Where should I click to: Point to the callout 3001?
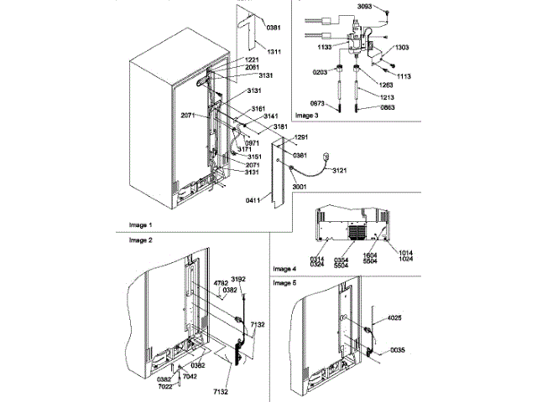click(300, 187)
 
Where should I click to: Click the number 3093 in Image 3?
click(363, 6)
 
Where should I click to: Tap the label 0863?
click(388, 109)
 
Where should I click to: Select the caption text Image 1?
click(140, 224)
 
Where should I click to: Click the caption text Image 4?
click(284, 269)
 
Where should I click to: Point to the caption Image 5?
click(284, 284)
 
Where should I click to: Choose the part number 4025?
click(395, 318)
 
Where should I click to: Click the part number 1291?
click(303, 137)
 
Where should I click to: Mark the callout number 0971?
click(251, 142)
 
